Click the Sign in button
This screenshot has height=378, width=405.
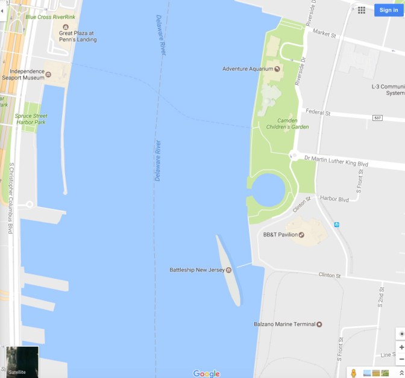(388, 10)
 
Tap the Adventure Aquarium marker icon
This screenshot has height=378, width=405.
(277, 69)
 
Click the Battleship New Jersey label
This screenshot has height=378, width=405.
(197, 270)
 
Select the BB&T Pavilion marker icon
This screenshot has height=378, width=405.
(302, 235)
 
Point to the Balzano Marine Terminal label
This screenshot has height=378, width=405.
(284, 324)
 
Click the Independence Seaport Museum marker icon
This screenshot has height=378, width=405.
(48, 75)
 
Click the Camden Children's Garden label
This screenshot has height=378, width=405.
(288, 123)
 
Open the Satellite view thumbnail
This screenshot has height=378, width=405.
(22, 361)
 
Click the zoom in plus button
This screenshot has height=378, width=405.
(401, 347)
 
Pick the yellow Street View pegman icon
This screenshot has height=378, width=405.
(354, 373)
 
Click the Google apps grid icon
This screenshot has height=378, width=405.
(362, 10)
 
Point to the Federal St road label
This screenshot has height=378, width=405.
(318, 113)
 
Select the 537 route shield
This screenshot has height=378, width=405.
(377, 117)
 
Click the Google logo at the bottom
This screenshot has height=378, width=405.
(207, 374)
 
